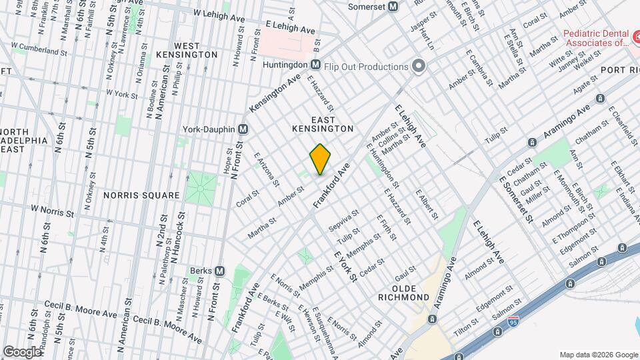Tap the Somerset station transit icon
coord(393,7)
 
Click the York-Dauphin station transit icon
coord(243,129)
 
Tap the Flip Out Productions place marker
coord(418,67)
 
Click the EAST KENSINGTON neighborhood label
coord(322,127)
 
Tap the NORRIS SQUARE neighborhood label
coord(141,195)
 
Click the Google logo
coord(23,351)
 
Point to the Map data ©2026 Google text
coord(597,354)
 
